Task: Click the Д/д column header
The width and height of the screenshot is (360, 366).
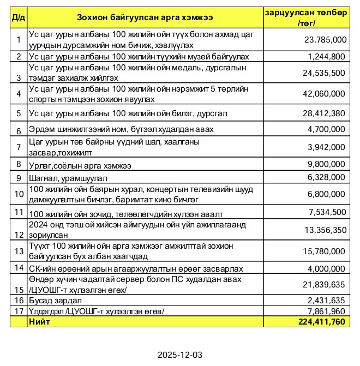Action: pos(18,17)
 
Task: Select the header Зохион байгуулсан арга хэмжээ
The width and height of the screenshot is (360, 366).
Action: pos(145,17)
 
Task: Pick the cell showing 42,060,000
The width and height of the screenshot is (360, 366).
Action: pos(323,94)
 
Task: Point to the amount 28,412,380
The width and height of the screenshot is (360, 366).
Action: pos(323,113)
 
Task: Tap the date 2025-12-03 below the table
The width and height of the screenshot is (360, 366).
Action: pos(180,355)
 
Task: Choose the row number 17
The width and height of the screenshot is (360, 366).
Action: pos(18,311)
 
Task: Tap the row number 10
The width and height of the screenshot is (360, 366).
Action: pos(18,194)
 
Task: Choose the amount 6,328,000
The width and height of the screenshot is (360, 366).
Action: pos(327,177)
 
